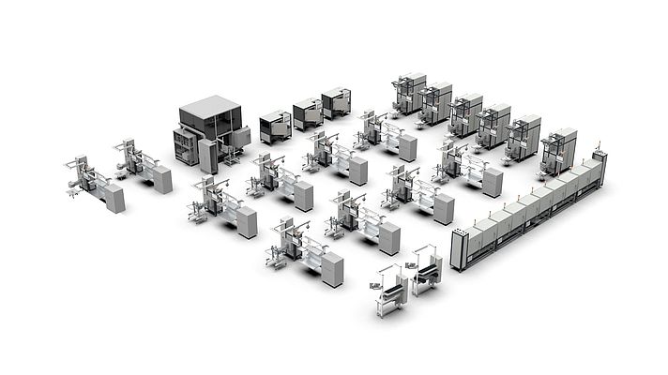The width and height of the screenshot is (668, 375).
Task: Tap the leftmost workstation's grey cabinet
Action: point(114,198)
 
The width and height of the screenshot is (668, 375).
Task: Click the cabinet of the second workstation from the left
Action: point(162,179)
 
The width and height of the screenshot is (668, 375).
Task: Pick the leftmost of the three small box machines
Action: point(275,126)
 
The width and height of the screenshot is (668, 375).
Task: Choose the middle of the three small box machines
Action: point(308,114)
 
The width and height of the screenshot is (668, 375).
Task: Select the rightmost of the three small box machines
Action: point(336,102)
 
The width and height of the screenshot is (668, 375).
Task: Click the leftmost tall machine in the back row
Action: point(409,93)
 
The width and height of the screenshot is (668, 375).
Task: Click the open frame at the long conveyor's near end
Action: point(460,249)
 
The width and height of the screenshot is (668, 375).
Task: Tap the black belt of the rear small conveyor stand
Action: point(427,271)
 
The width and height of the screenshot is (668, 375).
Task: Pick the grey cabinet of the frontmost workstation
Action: point(332,270)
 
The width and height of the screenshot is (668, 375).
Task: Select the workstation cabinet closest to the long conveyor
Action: point(492,183)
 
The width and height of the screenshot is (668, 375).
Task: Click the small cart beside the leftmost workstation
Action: point(72,191)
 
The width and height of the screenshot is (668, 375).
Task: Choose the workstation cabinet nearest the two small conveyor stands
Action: point(388,238)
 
